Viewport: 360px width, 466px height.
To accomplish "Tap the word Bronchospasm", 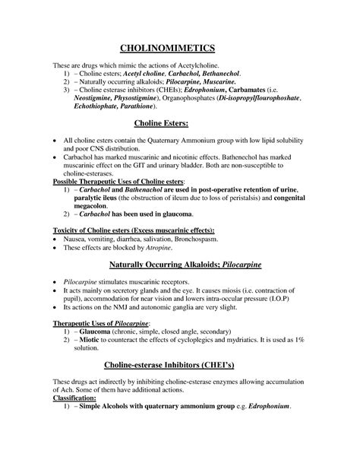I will coord(192,239).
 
